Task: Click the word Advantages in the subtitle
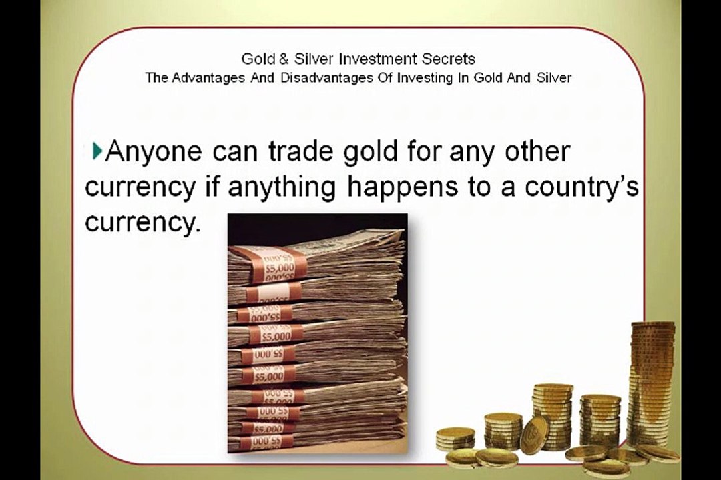(x=205, y=77)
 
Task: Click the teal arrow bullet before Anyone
(x=97, y=151)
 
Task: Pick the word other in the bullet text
(x=537, y=151)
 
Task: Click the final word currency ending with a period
(x=143, y=223)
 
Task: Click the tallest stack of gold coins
(x=652, y=383)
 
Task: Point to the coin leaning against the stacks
(x=534, y=435)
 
